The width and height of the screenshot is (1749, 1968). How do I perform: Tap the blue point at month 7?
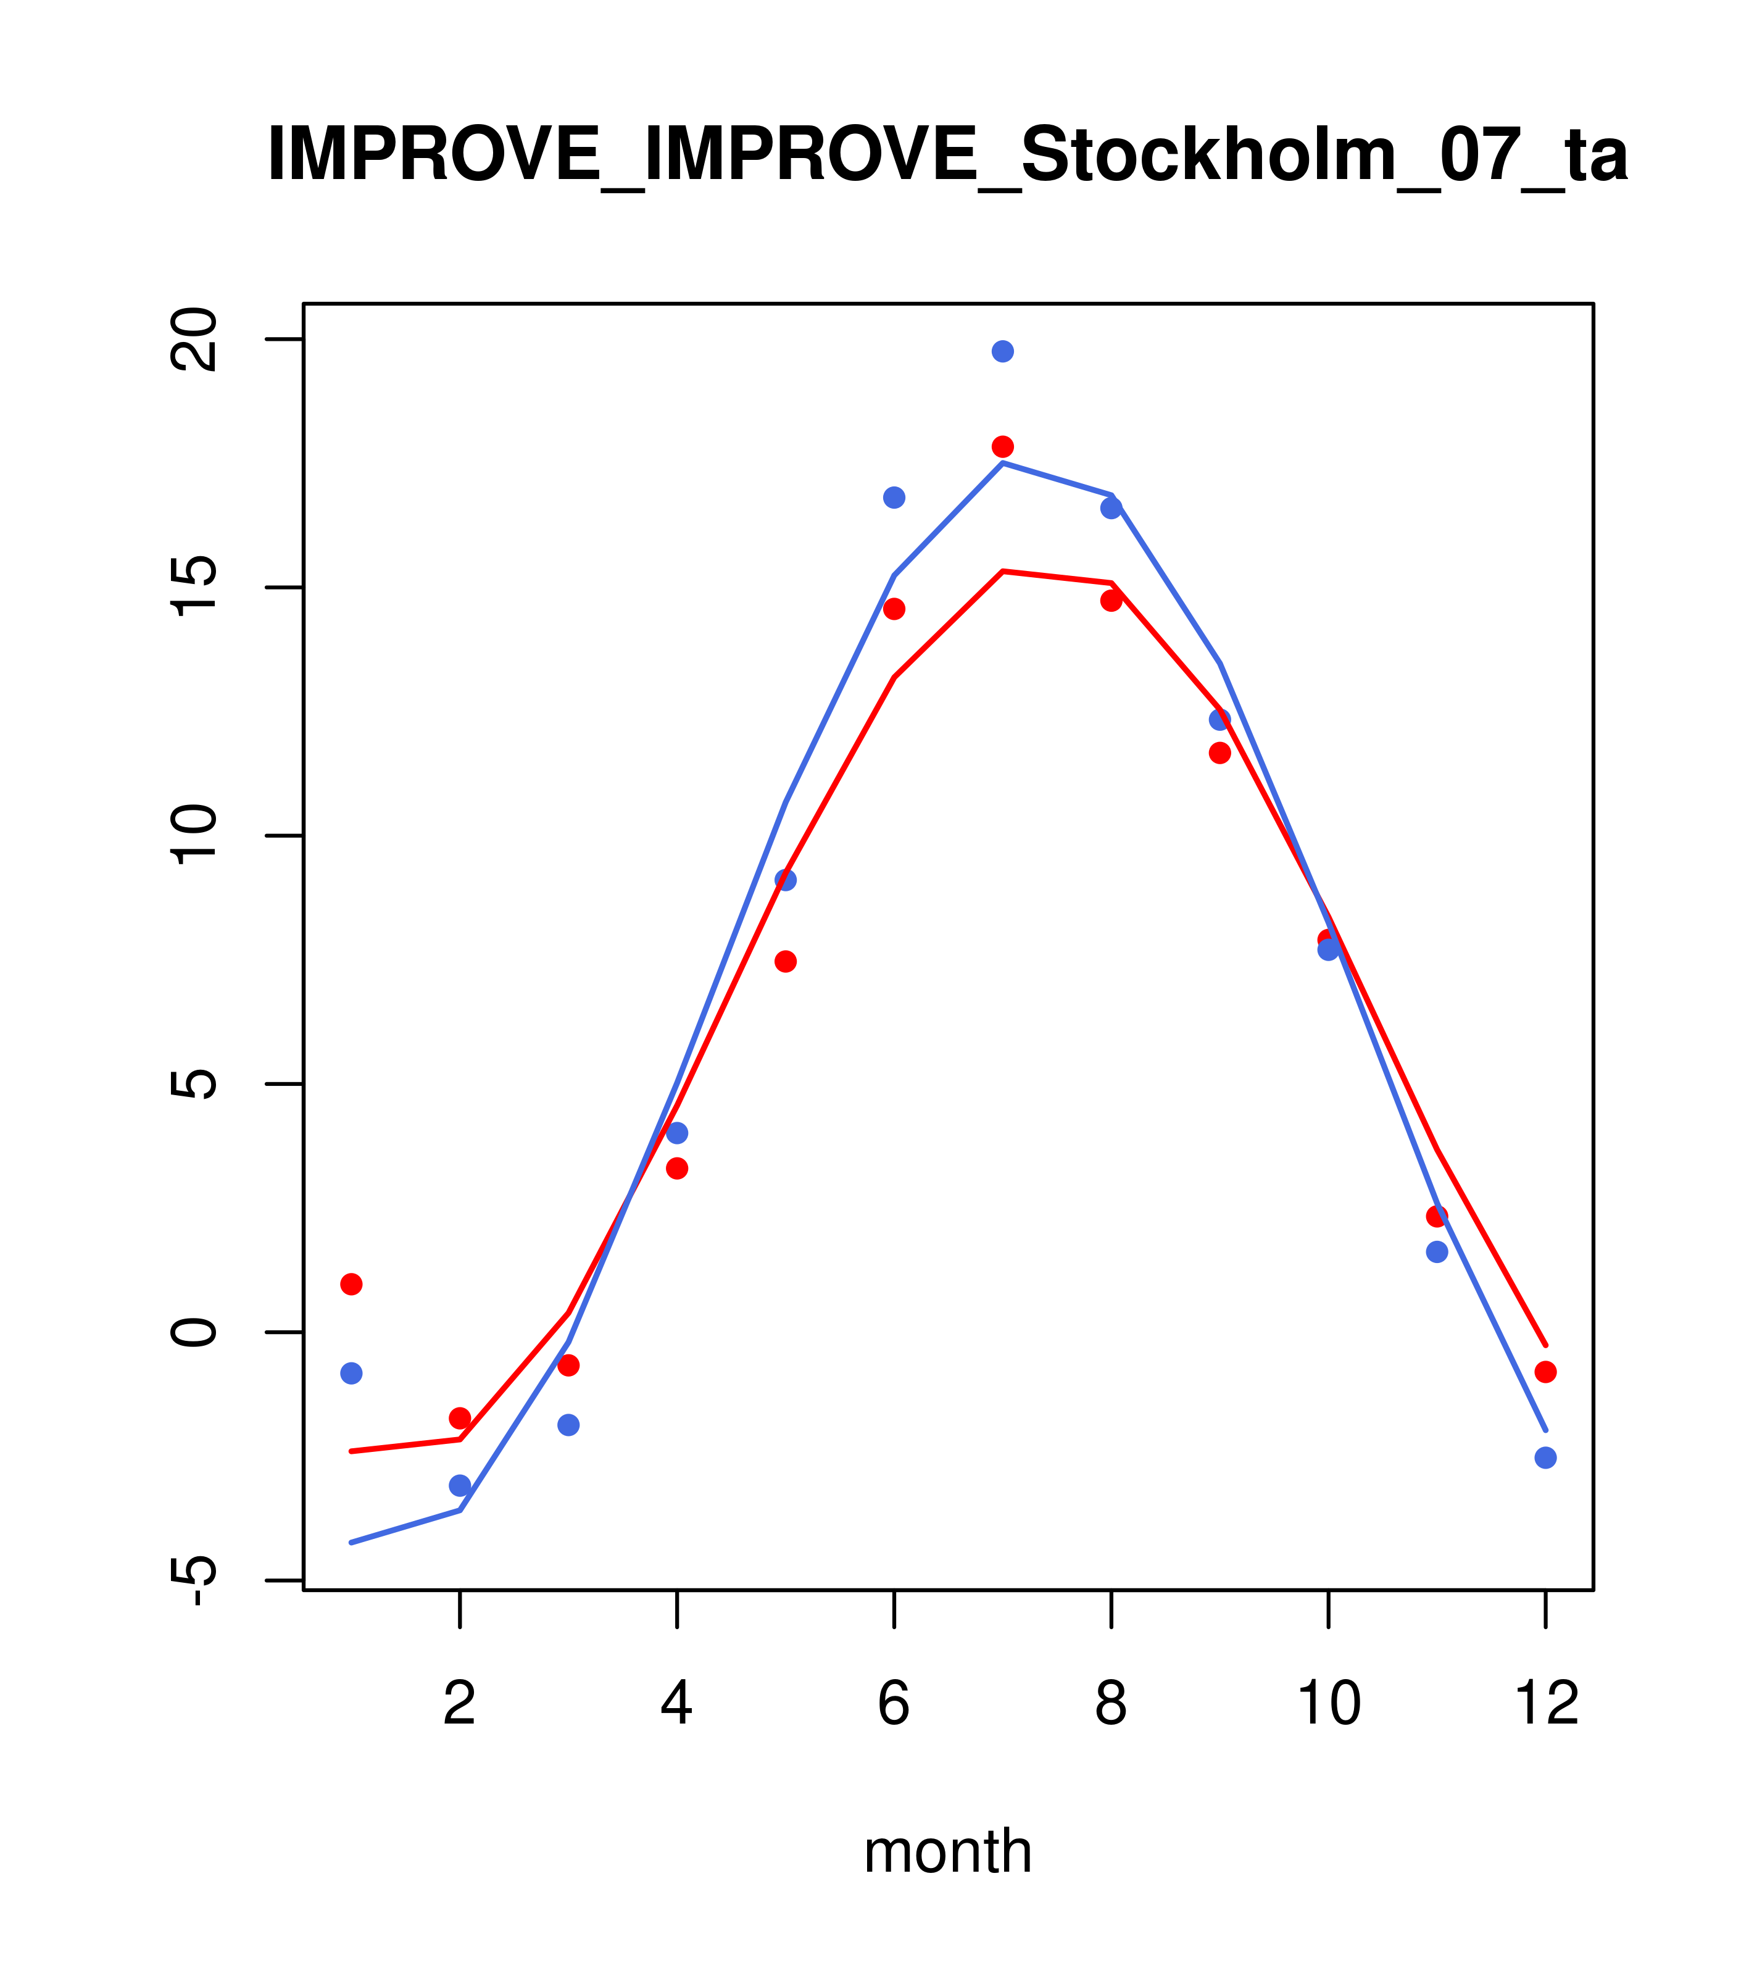pos(1002,351)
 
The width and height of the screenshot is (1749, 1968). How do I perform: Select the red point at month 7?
pos(1002,447)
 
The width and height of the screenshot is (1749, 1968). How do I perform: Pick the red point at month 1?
pos(351,1285)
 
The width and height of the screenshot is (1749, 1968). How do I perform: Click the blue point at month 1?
pos(351,1373)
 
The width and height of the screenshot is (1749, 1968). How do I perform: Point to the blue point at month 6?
pos(894,498)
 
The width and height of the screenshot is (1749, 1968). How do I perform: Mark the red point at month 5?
pos(786,962)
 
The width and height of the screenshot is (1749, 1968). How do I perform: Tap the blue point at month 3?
pos(569,1425)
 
